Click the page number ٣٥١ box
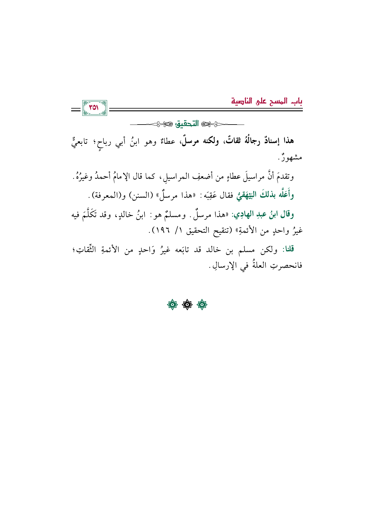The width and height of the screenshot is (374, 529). [x=94, y=108]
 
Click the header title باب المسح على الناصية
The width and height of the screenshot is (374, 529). [x=267, y=101]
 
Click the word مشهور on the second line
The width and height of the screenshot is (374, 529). [x=292, y=157]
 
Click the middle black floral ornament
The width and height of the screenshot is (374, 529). [x=187, y=305]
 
